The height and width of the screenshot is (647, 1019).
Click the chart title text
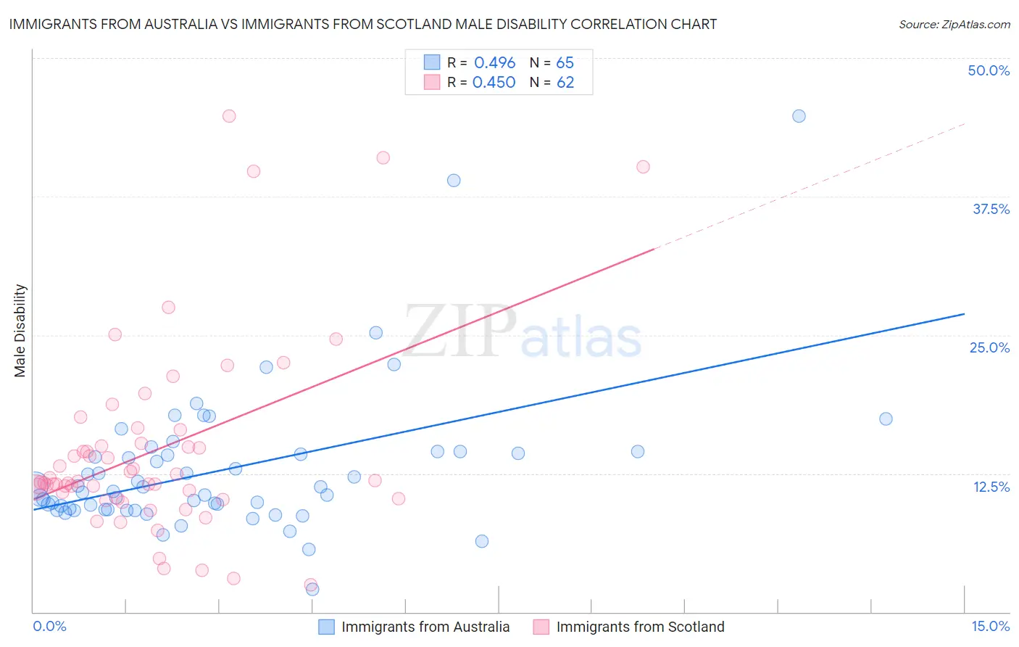[362, 24]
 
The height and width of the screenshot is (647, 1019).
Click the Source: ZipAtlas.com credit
[954, 24]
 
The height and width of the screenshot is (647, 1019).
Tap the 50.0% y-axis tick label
[989, 70]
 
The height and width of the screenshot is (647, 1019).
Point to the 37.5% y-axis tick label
[991, 209]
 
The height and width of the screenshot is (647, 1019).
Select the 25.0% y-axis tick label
[989, 347]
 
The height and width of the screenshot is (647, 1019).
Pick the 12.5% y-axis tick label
[991, 486]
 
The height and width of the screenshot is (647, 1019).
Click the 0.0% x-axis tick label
[49, 626]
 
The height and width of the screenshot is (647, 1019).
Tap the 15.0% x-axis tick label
[990, 626]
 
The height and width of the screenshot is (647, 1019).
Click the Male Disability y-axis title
[20, 330]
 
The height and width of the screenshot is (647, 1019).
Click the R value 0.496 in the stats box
[494, 63]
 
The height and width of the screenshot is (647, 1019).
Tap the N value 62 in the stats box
[565, 83]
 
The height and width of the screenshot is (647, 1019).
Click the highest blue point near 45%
[799, 116]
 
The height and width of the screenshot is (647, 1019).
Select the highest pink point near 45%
[229, 116]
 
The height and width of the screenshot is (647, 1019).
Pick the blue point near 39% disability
[454, 181]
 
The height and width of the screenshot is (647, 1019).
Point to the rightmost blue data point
[886, 419]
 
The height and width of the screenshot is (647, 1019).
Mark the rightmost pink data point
[643, 167]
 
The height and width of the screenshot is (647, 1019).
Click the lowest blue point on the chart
[312, 589]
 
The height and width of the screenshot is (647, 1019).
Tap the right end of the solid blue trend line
[964, 314]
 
